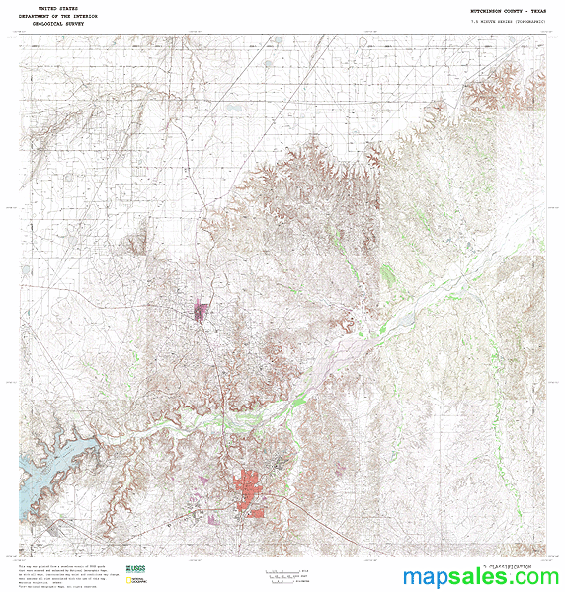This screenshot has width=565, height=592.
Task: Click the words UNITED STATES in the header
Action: [x=58, y=8]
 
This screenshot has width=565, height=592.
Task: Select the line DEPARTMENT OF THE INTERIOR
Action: [x=58, y=17]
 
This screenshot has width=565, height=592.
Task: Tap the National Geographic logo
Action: [x=137, y=581]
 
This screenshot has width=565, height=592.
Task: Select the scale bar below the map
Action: [x=286, y=573]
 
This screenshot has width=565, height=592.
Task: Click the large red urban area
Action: [x=251, y=493]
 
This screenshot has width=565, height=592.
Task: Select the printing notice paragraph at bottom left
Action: [x=59, y=576]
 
